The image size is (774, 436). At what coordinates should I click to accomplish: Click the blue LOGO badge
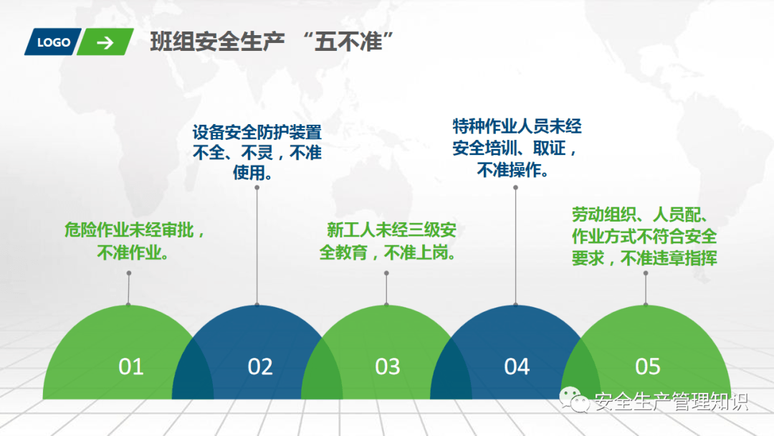53,42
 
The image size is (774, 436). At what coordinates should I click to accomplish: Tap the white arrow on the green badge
105,43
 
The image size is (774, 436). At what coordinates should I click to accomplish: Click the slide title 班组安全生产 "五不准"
272,42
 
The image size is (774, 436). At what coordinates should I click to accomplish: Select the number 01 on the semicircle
131,366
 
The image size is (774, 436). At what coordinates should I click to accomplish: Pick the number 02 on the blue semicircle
260,366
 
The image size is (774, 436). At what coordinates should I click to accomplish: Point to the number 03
388,366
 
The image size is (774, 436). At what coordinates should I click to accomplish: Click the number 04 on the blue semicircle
517,366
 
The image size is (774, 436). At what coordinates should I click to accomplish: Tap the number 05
648,366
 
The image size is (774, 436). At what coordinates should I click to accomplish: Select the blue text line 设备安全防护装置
257,133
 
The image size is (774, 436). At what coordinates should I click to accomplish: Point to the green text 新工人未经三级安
391,230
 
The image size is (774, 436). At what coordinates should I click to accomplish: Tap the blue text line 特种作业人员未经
517,126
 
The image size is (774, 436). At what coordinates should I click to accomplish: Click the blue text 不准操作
509,171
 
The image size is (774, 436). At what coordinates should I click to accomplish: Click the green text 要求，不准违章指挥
644,258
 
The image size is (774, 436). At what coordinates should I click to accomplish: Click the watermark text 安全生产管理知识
672,402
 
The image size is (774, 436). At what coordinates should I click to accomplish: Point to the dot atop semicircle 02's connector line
257,188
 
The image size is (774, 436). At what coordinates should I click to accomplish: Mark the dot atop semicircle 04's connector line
515,188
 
